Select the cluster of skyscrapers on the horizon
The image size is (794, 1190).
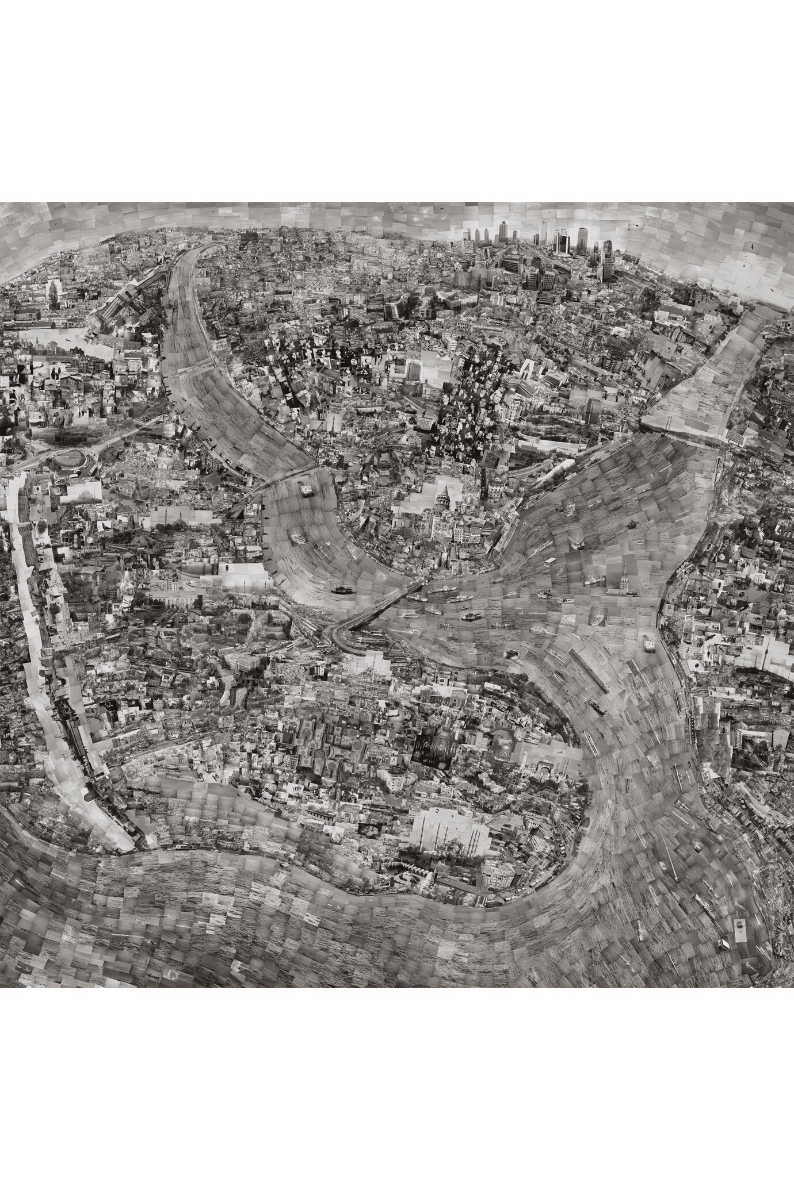point(535,247)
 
